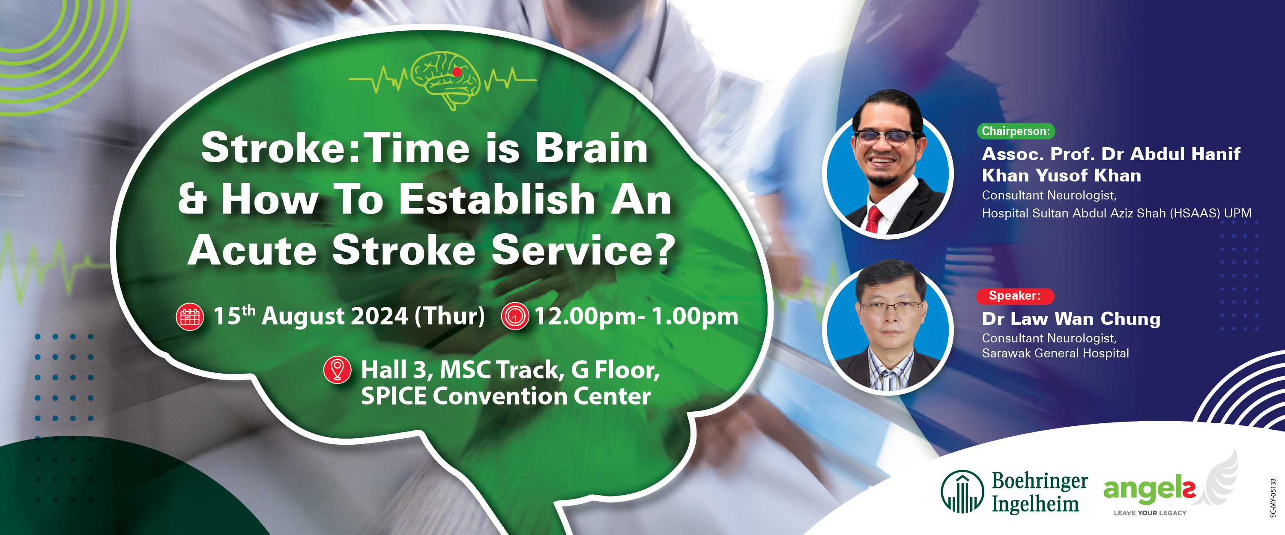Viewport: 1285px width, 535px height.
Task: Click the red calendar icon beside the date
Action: tap(190, 317)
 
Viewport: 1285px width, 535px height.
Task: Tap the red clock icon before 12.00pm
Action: tap(515, 316)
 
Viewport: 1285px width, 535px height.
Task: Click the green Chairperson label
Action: tap(1016, 131)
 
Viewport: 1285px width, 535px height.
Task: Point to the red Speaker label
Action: tap(1015, 296)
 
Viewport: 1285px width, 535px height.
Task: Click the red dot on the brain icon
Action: tap(457, 72)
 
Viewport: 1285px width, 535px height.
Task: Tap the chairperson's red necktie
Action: tap(873, 220)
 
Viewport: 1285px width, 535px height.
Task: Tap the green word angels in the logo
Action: tap(1149, 490)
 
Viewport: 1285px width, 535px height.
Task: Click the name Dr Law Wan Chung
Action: tap(1071, 318)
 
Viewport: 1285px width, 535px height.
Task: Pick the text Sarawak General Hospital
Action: tap(1055, 353)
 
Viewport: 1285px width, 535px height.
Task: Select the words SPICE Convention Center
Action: tap(506, 396)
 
